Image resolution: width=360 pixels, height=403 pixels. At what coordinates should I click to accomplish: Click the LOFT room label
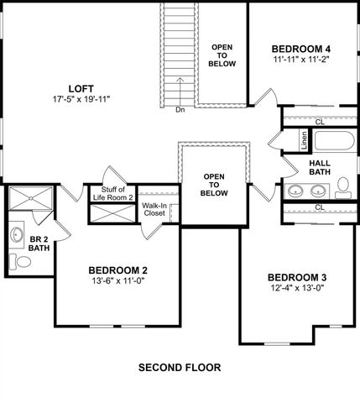pyautogui.click(x=81, y=88)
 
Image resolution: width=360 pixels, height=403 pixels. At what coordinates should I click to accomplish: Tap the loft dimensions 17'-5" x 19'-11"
pyautogui.click(x=81, y=99)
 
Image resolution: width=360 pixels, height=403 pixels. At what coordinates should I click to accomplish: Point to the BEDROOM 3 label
pyautogui.click(x=296, y=278)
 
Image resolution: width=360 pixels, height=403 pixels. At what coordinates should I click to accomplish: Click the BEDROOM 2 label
pyautogui.click(x=117, y=270)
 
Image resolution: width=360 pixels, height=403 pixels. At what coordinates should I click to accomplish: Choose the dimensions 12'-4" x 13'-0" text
pyautogui.click(x=296, y=289)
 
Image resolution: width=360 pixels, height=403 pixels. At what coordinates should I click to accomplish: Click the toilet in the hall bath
pyautogui.click(x=342, y=186)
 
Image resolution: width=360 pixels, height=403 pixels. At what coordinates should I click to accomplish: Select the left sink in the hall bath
pyautogui.click(x=295, y=191)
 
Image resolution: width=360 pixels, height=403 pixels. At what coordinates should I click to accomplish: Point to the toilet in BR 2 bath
pyautogui.click(x=23, y=262)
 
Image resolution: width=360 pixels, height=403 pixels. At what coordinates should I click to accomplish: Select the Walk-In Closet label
pyautogui.click(x=154, y=209)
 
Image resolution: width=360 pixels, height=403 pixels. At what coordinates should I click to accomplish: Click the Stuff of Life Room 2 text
pyautogui.click(x=113, y=195)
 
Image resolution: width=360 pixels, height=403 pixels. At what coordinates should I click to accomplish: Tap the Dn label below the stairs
pyautogui.click(x=180, y=109)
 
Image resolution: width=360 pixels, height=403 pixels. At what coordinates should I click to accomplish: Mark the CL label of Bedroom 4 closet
pyautogui.click(x=319, y=122)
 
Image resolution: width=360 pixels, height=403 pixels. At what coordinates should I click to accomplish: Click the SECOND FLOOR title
pyautogui.click(x=180, y=368)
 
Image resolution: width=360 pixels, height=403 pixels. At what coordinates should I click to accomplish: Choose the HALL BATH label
pyautogui.click(x=320, y=168)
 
